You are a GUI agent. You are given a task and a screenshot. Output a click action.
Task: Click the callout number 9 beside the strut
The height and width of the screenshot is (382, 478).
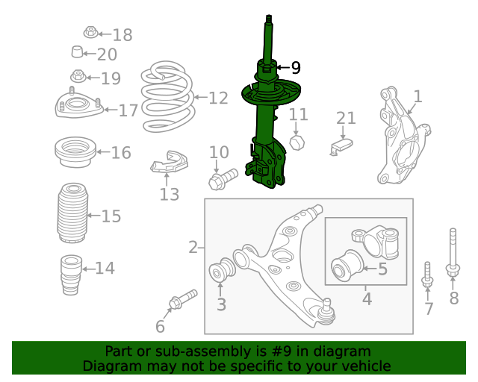pyautogui.click(x=296, y=68)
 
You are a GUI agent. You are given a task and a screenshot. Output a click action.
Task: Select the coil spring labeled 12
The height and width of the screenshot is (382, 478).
pyautogui.click(x=167, y=97)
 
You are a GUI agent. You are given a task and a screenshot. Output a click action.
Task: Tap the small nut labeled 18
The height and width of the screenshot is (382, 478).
pyautogui.click(x=90, y=33)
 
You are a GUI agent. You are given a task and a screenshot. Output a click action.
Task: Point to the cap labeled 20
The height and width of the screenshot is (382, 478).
pyautogui.click(x=76, y=53)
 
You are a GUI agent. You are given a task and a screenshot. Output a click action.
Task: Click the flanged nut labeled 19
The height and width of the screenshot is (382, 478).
pyautogui.click(x=78, y=76)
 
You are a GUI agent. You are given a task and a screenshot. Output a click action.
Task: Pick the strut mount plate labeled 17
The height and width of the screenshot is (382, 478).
pyautogui.click(x=77, y=106)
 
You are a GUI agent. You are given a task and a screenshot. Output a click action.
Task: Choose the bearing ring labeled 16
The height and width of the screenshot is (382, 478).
pyautogui.click(x=75, y=153)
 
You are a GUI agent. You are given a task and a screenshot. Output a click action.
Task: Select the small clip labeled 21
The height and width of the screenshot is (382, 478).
pyautogui.click(x=343, y=145)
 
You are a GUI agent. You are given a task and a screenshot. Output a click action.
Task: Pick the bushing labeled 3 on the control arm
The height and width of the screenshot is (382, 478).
pyautogui.click(x=221, y=271)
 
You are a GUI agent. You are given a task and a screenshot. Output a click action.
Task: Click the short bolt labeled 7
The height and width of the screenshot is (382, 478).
pyautogui.click(x=428, y=274)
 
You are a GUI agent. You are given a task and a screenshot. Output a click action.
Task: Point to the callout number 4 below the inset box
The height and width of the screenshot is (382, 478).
pyautogui.click(x=366, y=299)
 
